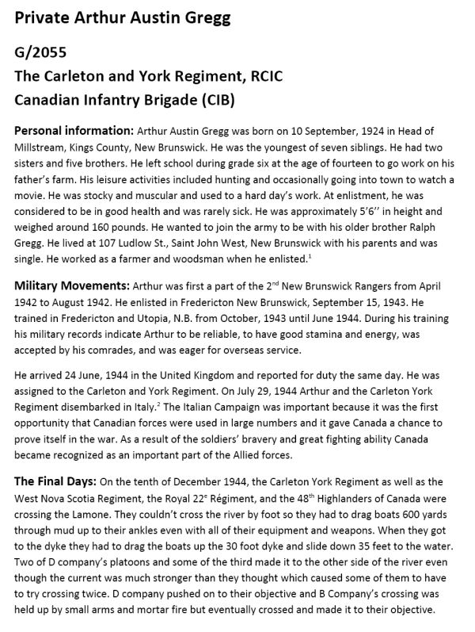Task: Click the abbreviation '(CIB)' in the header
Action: [207, 102]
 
